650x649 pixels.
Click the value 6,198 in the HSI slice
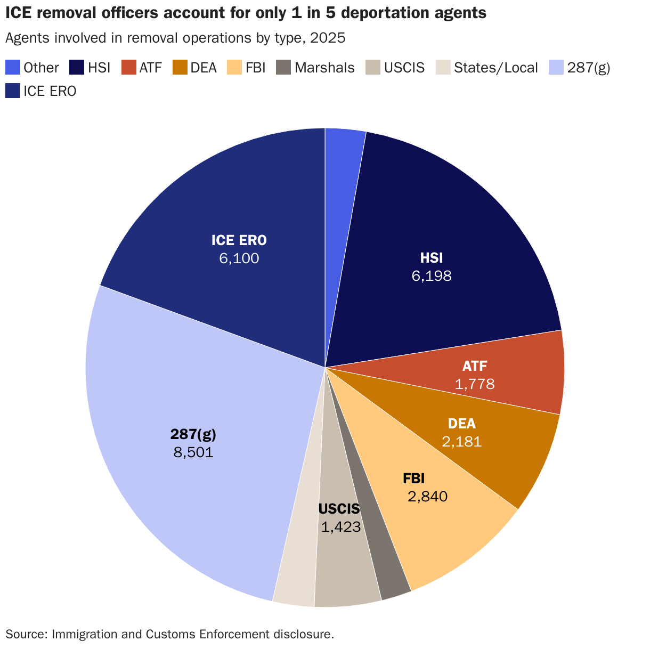pyautogui.click(x=431, y=276)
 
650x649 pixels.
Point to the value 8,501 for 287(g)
pyautogui.click(x=193, y=453)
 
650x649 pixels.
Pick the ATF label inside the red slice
pyautogui.click(x=474, y=366)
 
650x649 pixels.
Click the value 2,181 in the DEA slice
pyautogui.click(x=461, y=441)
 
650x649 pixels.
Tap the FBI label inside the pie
pyautogui.click(x=413, y=478)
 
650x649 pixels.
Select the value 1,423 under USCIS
pyautogui.click(x=341, y=528)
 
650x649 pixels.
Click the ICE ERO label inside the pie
pyautogui.click(x=239, y=240)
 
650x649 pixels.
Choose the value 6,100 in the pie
pyautogui.click(x=239, y=258)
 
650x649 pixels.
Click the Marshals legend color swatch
pyautogui.click(x=283, y=68)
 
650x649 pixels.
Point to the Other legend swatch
pyautogui.click(x=13, y=68)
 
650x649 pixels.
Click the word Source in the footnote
pyautogui.click(x=24, y=634)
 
